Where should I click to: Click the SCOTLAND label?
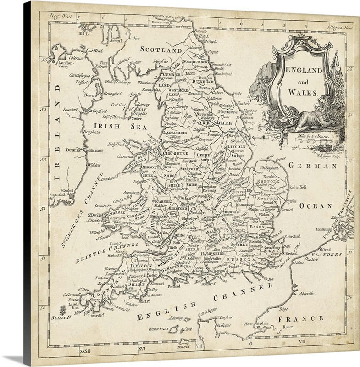click(161, 49)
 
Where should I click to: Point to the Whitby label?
click(236, 93)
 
